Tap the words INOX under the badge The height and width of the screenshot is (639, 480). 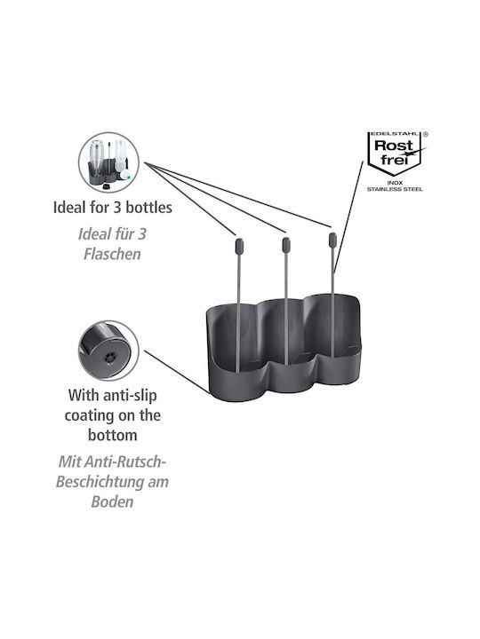pyautogui.click(x=395, y=183)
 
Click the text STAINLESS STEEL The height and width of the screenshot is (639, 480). pyautogui.click(x=395, y=189)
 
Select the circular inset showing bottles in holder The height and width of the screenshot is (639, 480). pyautogui.click(x=108, y=162)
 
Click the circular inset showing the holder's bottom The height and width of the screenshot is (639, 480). pyautogui.click(x=108, y=351)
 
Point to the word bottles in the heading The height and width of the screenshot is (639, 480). pyautogui.click(x=148, y=208)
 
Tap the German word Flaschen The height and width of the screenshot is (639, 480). pyautogui.click(x=112, y=254)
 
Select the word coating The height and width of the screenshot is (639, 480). pyautogui.click(x=85, y=415)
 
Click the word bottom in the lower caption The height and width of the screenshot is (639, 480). pyautogui.click(x=112, y=435)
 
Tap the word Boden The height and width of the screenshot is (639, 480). pyautogui.click(x=112, y=501)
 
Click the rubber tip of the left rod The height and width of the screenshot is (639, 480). pyautogui.click(x=239, y=245)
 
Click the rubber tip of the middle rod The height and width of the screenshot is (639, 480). pyautogui.click(x=286, y=245)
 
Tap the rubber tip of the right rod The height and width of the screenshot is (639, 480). pyautogui.click(x=332, y=240)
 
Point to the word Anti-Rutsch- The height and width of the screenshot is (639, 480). pyautogui.click(x=112, y=461)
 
